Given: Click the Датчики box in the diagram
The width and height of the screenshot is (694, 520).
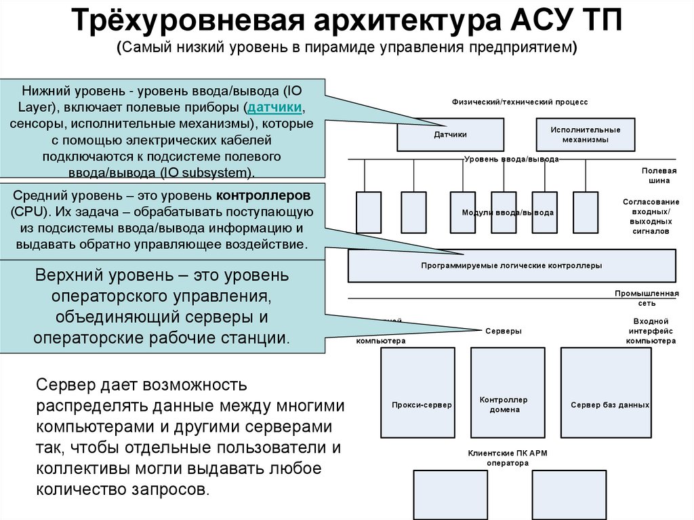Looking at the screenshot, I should [450, 134].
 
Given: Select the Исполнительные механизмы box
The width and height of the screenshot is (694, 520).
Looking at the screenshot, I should [585, 134].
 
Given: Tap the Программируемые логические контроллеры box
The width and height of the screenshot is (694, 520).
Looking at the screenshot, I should [511, 266].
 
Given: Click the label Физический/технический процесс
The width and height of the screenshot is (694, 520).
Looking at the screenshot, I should [520, 101].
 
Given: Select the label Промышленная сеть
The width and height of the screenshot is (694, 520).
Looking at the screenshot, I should [647, 298].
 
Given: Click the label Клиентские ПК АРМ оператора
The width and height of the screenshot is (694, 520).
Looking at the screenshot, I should [497, 458].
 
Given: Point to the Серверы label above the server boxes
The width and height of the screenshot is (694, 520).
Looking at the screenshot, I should [504, 331].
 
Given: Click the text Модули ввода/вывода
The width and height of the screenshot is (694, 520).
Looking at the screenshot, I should [508, 212].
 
